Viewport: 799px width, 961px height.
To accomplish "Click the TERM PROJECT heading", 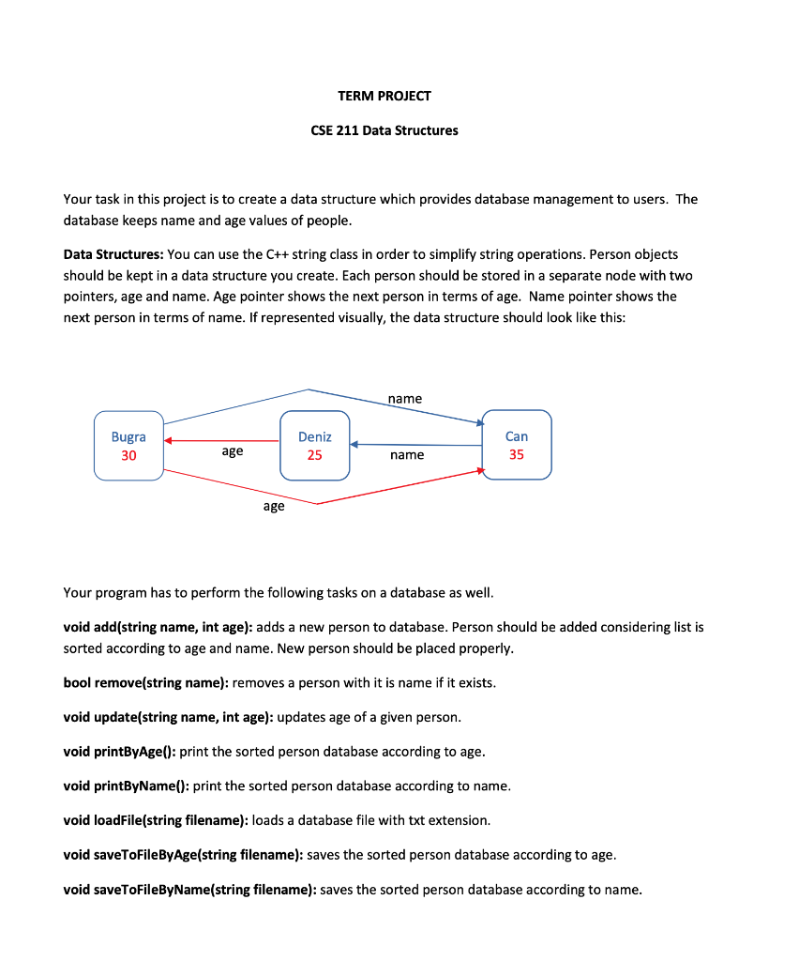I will click(x=384, y=96).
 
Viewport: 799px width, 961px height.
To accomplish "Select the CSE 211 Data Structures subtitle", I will click(x=384, y=130).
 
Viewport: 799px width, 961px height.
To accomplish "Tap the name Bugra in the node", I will click(x=128, y=436).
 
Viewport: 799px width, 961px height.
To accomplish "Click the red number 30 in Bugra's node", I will click(x=128, y=455).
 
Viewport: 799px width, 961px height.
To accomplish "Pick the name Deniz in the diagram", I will click(x=315, y=436).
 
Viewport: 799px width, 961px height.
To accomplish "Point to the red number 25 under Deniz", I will click(x=315, y=455).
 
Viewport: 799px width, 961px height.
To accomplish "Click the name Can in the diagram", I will click(x=517, y=436).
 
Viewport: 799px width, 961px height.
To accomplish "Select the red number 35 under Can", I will click(x=517, y=455).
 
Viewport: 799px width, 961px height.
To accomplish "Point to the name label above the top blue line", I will click(x=405, y=399).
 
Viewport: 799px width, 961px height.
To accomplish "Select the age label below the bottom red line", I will click(x=274, y=506).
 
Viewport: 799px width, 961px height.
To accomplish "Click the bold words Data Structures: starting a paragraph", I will click(x=113, y=254).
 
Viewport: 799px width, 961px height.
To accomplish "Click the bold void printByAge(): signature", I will click(x=119, y=752).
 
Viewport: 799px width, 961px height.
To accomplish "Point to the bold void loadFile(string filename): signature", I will click(x=156, y=820).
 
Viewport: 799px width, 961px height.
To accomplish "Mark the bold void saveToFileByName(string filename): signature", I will click(x=189, y=890).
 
